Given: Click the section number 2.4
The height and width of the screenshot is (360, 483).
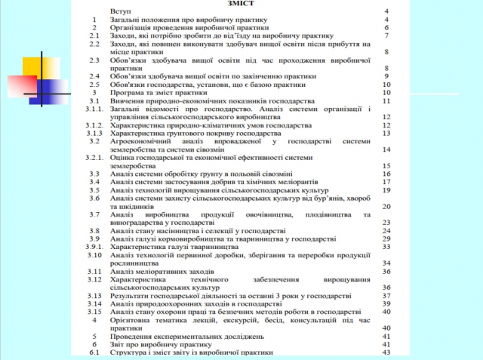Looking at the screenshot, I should pyautogui.click(x=94, y=76).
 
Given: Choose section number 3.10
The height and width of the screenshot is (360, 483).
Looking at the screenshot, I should pyautogui.click(x=94, y=254).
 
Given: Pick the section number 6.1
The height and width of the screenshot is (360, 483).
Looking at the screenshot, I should pyautogui.click(x=94, y=352).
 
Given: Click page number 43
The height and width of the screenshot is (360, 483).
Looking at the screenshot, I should pyautogui.click(x=386, y=352).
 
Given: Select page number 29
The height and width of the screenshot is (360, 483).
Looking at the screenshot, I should pyautogui.click(x=386, y=238).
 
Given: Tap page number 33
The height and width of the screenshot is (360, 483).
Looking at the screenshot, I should pyautogui.click(x=386, y=246).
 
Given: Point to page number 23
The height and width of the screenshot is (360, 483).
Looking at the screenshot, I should pyautogui.click(x=386, y=222).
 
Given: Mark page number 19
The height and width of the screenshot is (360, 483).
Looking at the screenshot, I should pyautogui.click(x=386, y=189).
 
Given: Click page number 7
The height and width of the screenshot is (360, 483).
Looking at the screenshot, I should pyautogui.click(x=386, y=35).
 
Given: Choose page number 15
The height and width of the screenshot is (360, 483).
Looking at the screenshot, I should pyautogui.click(x=386, y=165).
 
